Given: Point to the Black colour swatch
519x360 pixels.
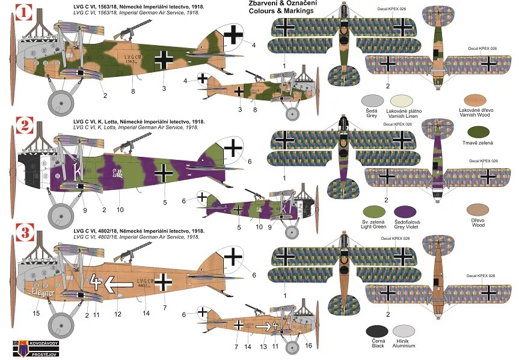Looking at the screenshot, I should coord(377,331).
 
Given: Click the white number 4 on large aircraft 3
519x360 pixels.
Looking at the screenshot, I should coord(94,280).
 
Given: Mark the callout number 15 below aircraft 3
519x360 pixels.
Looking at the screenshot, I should coord(35,313).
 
